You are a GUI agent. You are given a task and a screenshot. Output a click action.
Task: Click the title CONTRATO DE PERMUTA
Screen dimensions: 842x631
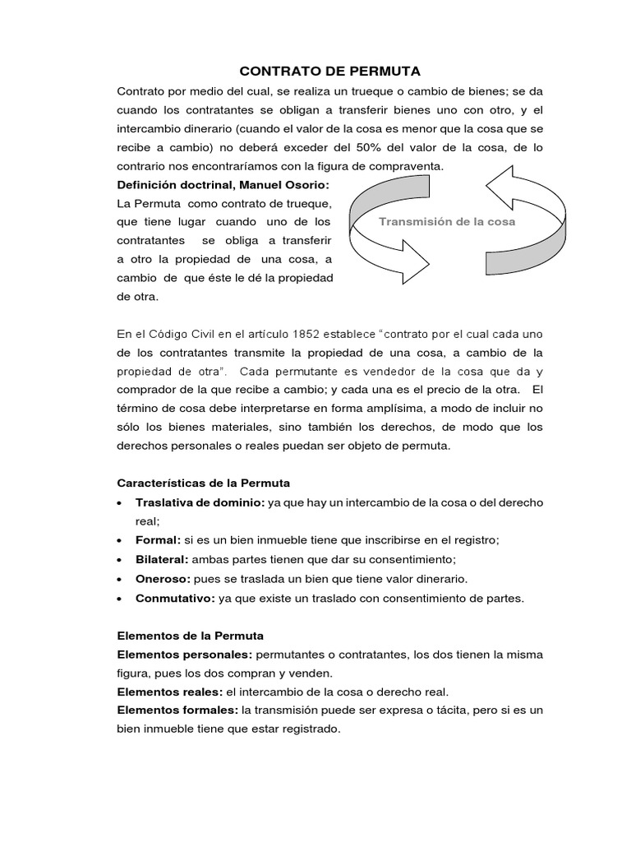[317, 72]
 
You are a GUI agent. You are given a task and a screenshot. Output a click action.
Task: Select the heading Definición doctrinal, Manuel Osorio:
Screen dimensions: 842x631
[223, 184]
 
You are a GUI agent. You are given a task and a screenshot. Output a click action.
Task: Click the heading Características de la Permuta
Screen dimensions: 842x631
[204, 483]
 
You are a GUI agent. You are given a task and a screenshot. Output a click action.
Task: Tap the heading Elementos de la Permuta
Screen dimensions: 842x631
[191, 636]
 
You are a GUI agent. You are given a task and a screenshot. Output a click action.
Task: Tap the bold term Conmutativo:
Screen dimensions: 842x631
[175, 599]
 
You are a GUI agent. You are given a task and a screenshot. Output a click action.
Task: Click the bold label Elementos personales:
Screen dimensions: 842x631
[186, 655]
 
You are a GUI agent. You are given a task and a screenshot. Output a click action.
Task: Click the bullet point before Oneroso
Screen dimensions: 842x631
[122, 580]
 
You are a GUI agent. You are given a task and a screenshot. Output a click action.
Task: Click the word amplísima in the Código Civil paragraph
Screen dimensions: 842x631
[363, 409]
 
